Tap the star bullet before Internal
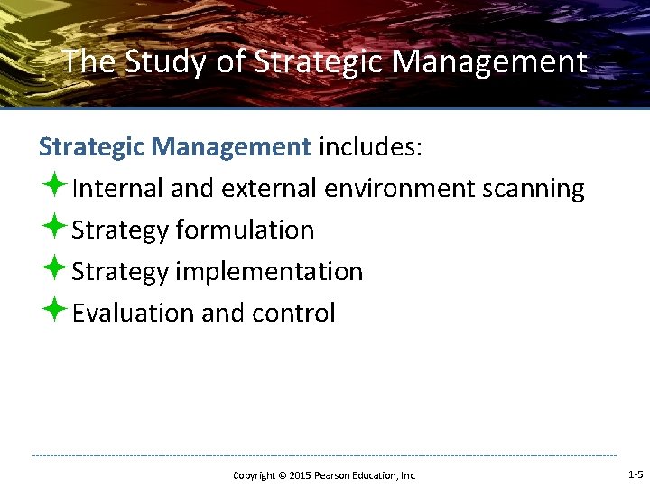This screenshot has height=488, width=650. point(52,186)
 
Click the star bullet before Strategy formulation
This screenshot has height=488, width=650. point(52,228)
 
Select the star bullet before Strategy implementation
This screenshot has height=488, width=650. point(52,269)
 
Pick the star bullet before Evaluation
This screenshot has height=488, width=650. point(52,311)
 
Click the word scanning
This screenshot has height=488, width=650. point(534,189)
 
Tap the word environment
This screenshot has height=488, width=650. point(399,189)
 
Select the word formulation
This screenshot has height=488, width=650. point(245,230)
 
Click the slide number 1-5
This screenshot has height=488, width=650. point(635,474)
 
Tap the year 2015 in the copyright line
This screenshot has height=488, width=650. point(300,475)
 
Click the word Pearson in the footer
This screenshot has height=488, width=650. point(331,475)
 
